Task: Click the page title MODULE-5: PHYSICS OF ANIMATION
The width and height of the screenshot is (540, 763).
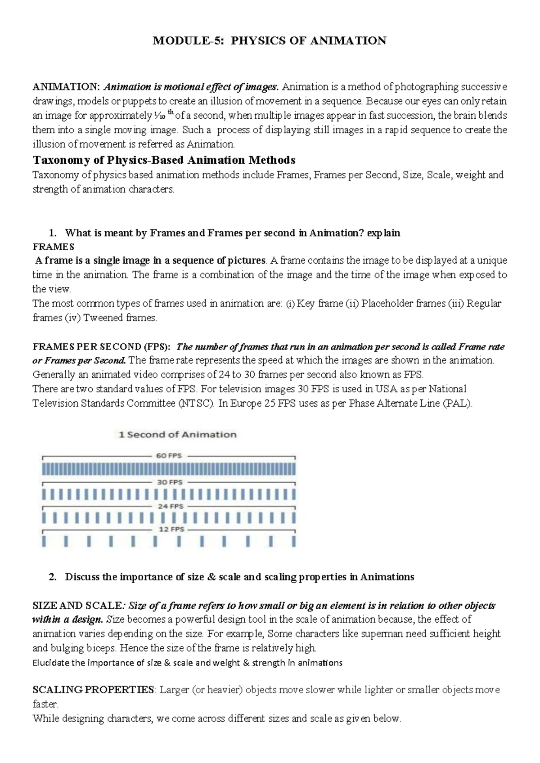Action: point(270,41)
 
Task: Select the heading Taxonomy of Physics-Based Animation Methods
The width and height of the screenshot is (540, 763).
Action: point(164,160)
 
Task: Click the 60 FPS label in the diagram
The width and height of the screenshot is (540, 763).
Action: point(169,455)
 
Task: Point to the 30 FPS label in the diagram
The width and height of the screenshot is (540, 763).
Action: point(169,482)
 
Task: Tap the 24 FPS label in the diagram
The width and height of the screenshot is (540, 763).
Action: point(170,506)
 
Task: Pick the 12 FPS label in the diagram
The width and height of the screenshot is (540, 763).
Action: point(171,530)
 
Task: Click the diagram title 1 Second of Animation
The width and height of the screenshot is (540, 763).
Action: point(177,435)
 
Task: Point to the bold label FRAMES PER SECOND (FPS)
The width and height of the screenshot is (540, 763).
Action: point(101,347)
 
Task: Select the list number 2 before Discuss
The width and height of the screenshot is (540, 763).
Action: point(52,577)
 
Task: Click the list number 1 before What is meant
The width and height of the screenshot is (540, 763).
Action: point(52,233)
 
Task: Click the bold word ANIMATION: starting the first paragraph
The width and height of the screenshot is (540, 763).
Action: point(67,87)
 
